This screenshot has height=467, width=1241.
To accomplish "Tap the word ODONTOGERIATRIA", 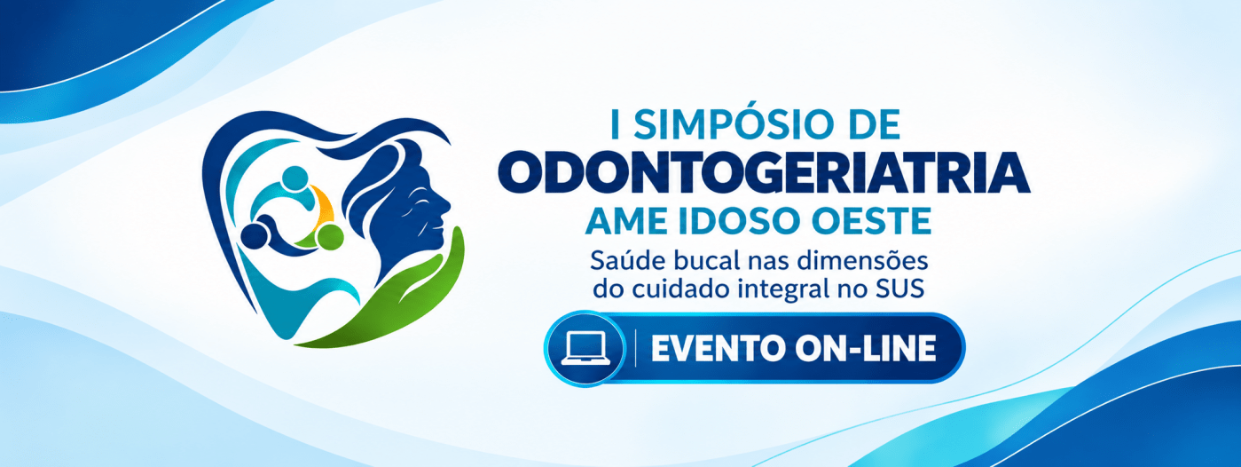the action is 764,174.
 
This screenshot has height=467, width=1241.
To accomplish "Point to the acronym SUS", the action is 900,289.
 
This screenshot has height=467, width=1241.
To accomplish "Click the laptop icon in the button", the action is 585,349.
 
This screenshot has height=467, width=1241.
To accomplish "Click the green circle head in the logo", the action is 330,236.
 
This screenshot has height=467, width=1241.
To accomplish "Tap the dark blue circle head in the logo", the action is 255,236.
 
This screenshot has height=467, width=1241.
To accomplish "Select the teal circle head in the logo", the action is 295,178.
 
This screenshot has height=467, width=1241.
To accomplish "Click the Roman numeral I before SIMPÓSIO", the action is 615,124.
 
